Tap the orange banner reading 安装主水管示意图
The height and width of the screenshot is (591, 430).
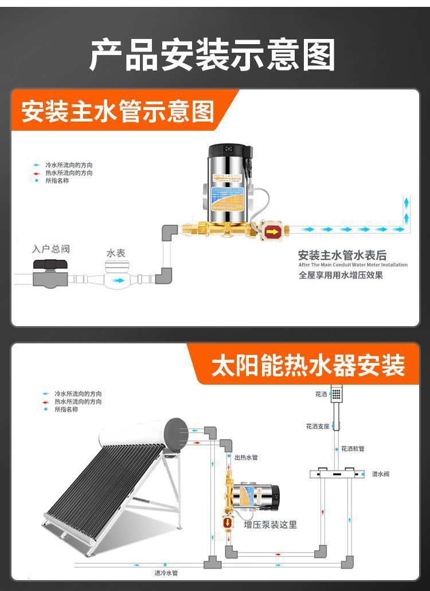pyautogui.click(x=118, y=111)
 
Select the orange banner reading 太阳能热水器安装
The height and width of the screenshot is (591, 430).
pyautogui.click(x=308, y=365)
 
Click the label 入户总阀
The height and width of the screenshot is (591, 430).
pyautogui.click(x=51, y=249)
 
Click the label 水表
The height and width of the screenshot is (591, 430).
pyautogui.click(x=116, y=253)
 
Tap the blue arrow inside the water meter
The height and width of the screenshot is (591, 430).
pyautogui.click(x=119, y=281)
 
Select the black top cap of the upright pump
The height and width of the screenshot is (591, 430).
pyautogui.click(x=228, y=151)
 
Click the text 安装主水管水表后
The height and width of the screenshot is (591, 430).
pyautogui.click(x=342, y=255)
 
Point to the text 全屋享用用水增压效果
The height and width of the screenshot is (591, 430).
pyautogui.click(x=341, y=275)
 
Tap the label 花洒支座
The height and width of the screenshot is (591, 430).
pyautogui.click(x=318, y=426)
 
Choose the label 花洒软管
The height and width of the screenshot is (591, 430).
pyautogui.click(x=353, y=449)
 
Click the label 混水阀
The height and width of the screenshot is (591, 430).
pyautogui.click(x=381, y=474)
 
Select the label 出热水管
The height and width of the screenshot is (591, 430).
pyautogui.click(x=246, y=457)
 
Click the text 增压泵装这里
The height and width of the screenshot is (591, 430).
pyautogui.click(x=271, y=525)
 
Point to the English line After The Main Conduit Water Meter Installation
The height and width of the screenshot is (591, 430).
pyautogui.click(x=353, y=265)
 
